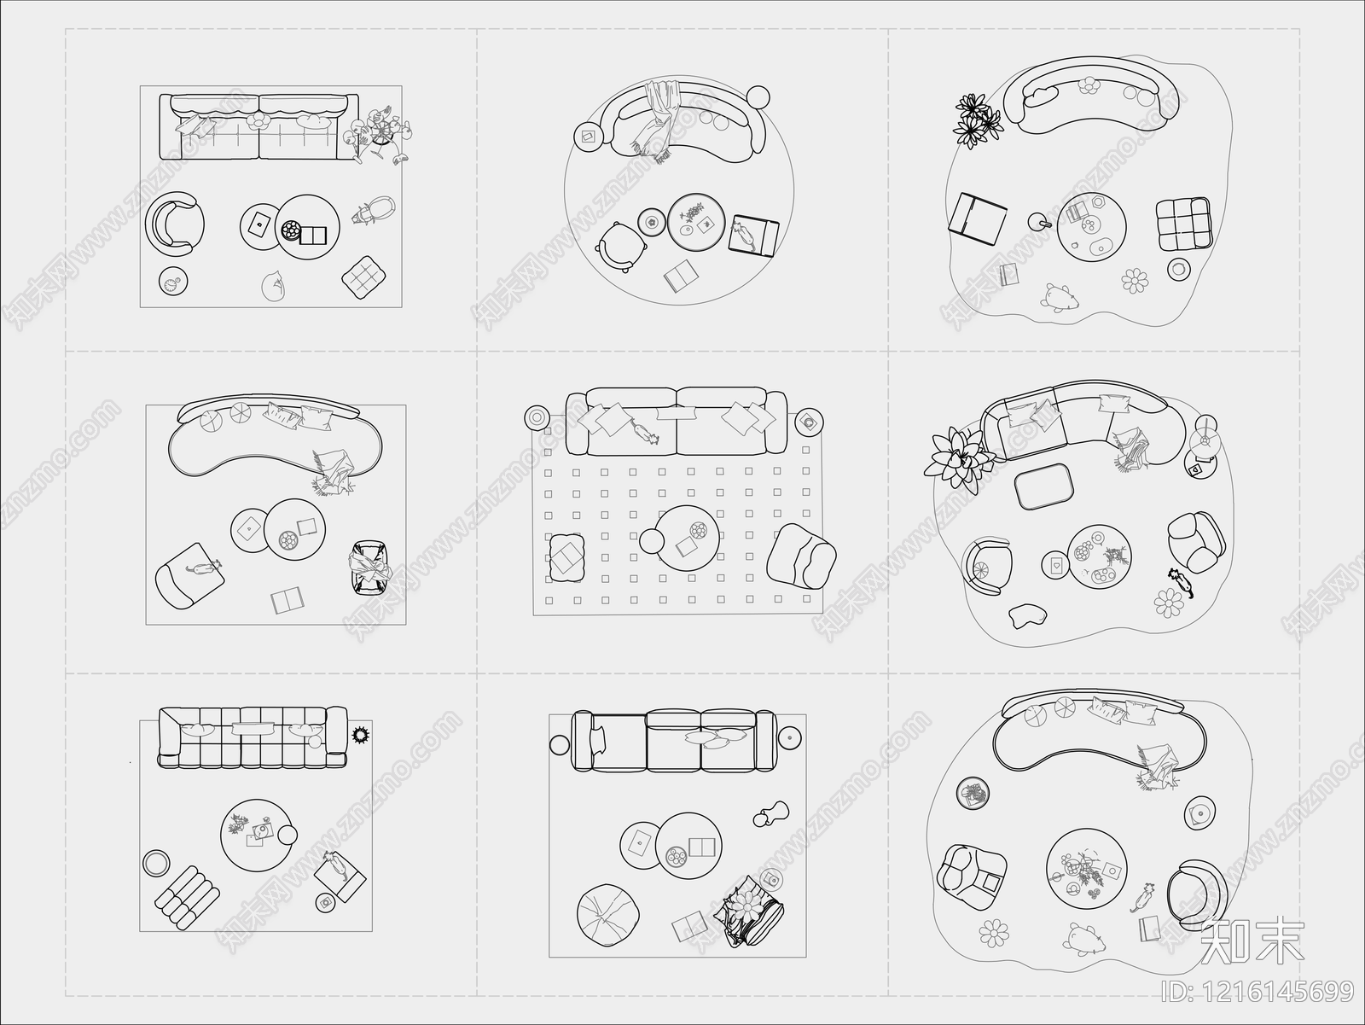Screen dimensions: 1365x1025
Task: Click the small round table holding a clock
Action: (x=173, y=281)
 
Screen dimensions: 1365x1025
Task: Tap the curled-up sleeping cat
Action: (x=274, y=286)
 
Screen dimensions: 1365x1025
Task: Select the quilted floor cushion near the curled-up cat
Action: (x=363, y=277)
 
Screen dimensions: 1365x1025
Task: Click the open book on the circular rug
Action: (x=681, y=276)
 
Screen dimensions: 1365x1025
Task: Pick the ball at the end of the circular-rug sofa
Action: (x=758, y=97)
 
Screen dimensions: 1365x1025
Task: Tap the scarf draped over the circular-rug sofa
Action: (x=659, y=120)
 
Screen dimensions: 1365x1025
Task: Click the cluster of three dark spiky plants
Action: (x=976, y=121)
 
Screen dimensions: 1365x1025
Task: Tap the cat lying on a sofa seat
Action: (x=645, y=431)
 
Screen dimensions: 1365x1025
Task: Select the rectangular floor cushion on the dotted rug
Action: (x=566, y=557)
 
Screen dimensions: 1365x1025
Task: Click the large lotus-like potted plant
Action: (x=955, y=460)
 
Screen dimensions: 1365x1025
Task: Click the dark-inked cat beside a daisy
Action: (x=1181, y=582)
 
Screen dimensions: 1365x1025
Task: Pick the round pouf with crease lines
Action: (x=608, y=915)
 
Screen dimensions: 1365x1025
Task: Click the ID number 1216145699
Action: (x=1257, y=991)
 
